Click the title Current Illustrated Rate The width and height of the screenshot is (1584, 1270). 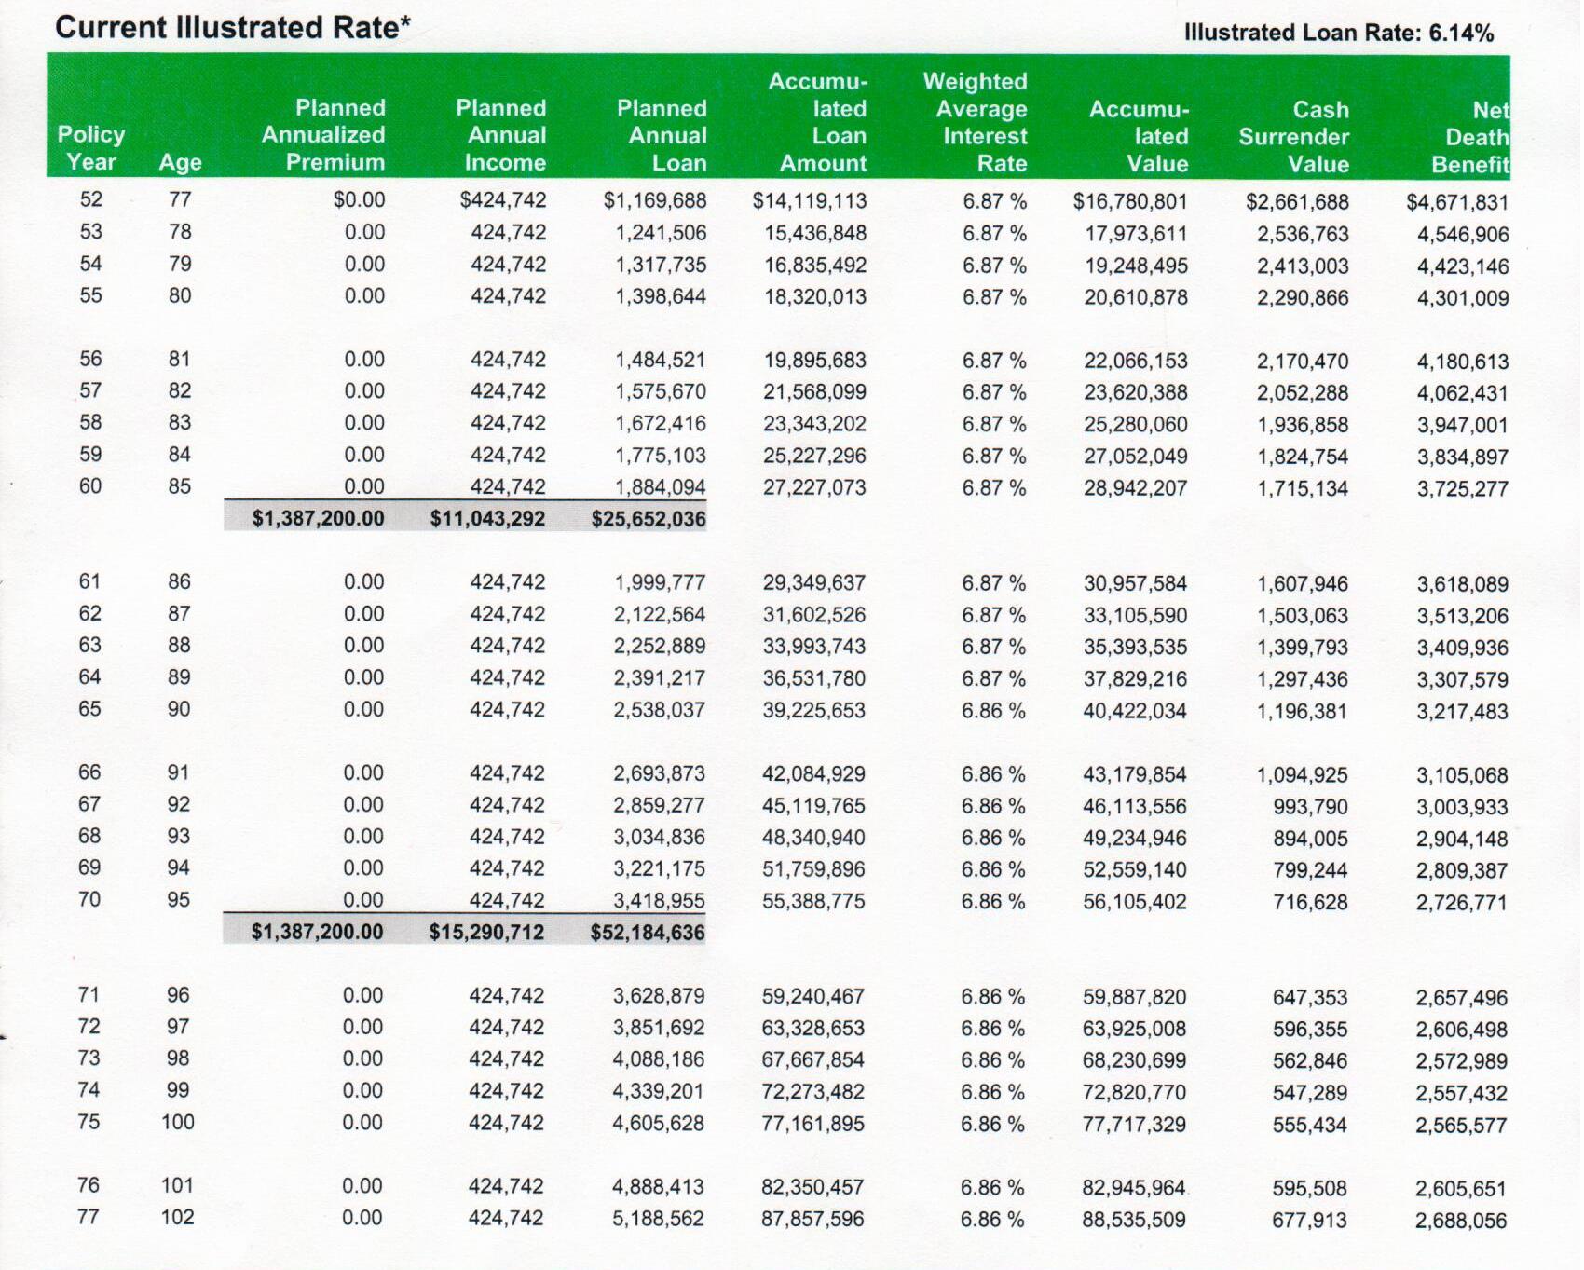pyautogui.click(x=233, y=27)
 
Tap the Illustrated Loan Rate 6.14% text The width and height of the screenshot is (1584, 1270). pyautogui.click(x=1339, y=33)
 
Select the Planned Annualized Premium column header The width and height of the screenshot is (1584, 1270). pyautogui.click(x=323, y=135)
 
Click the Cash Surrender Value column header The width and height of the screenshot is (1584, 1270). pyautogui.click(x=1294, y=137)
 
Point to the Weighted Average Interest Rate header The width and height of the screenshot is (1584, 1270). pyautogui.click(x=976, y=122)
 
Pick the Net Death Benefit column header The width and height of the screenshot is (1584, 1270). pyautogui.click(x=1470, y=138)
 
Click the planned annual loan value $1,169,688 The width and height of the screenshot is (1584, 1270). pyautogui.click(x=655, y=200)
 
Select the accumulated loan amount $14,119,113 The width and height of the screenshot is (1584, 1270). pyautogui.click(x=810, y=200)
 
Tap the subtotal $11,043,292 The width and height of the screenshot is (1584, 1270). pyautogui.click(x=487, y=519)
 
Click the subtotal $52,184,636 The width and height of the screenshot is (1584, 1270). pyautogui.click(x=648, y=932)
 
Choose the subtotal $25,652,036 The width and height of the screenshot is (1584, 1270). pyautogui.click(x=649, y=519)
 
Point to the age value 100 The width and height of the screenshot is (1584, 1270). pyautogui.click(x=178, y=1122)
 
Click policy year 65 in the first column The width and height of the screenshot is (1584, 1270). pyautogui.click(x=89, y=709)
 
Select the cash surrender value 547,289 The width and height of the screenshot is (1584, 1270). pyautogui.click(x=1310, y=1093)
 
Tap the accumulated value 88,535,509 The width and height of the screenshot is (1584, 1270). pyautogui.click(x=1134, y=1220)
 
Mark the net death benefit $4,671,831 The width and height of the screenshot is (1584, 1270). pyautogui.click(x=1457, y=202)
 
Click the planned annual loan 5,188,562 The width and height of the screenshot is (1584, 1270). pyautogui.click(x=658, y=1219)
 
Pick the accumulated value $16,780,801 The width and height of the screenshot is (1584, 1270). pyautogui.click(x=1130, y=201)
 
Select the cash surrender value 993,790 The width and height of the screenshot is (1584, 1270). pyautogui.click(x=1311, y=807)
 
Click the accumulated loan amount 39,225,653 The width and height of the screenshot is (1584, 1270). pyautogui.click(x=814, y=710)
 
